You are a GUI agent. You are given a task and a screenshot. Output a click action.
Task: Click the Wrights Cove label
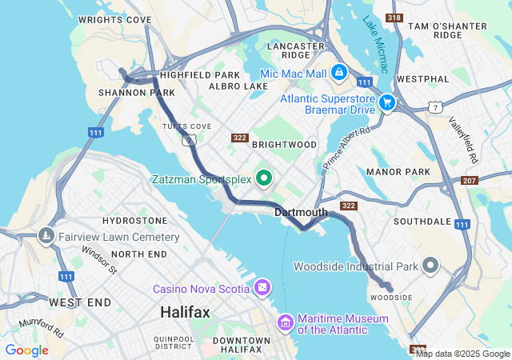click(115, 18)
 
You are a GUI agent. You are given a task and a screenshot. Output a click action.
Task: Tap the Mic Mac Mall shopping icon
click(339, 73)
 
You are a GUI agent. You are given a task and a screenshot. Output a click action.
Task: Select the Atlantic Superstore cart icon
click(387, 102)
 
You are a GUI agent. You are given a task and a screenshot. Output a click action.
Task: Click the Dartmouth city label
click(301, 212)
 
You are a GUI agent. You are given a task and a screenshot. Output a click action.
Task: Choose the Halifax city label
click(185, 312)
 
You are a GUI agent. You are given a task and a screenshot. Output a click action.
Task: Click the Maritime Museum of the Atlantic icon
click(285, 323)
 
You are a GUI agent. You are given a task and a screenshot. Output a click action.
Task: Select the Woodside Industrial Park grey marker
click(431, 266)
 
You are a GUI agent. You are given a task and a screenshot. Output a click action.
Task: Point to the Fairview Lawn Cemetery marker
click(46, 237)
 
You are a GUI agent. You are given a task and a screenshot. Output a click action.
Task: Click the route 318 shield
click(394, 17)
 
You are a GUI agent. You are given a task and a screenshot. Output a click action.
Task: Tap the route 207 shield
click(469, 182)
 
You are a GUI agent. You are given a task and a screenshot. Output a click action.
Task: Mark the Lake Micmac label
click(375, 44)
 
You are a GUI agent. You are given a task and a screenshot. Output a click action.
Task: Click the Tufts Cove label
click(186, 126)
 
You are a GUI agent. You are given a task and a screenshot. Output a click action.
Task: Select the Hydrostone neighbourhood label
click(135, 220)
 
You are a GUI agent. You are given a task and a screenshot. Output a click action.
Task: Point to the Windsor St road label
click(99, 260)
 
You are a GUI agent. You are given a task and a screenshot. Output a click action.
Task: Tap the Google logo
click(26, 350)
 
